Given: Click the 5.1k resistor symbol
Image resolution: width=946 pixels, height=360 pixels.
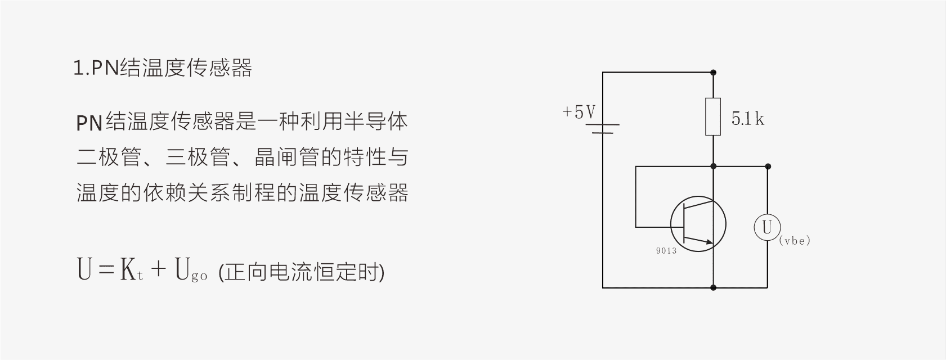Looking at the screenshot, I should pyautogui.click(x=713, y=116).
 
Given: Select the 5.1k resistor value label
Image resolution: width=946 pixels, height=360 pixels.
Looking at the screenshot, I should pyautogui.click(x=747, y=119).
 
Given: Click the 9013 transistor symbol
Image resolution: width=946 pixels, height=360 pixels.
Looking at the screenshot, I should pyautogui.click(x=698, y=224).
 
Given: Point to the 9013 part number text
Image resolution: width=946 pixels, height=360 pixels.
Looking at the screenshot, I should pyautogui.click(x=666, y=251).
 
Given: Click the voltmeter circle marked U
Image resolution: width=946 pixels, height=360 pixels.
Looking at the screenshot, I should pyautogui.click(x=767, y=227).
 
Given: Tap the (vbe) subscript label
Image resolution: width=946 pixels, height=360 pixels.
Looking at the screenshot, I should pyautogui.click(x=795, y=241).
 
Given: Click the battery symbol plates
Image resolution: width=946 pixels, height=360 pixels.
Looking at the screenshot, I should pyautogui.click(x=603, y=129).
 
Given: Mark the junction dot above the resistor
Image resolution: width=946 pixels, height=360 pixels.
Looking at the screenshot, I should pyautogui.click(x=713, y=73).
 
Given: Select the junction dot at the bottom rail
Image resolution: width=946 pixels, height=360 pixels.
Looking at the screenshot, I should pyautogui.click(x=713, y=287).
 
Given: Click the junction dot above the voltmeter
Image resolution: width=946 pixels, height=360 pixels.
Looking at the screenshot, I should pyautogui.click(x=768, y=166).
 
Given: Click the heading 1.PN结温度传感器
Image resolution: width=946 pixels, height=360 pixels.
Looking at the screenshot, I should pyautogui.click(x=163, y=68).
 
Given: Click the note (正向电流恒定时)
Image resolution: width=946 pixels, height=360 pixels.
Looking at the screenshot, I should pyautogui.click(x=301, y=272).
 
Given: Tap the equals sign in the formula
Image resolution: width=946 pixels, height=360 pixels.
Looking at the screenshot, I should pyautogui.click(x=106, y=269).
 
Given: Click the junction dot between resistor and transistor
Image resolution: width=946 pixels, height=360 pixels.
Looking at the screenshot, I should pyautogui.click(x=713, y=166).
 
